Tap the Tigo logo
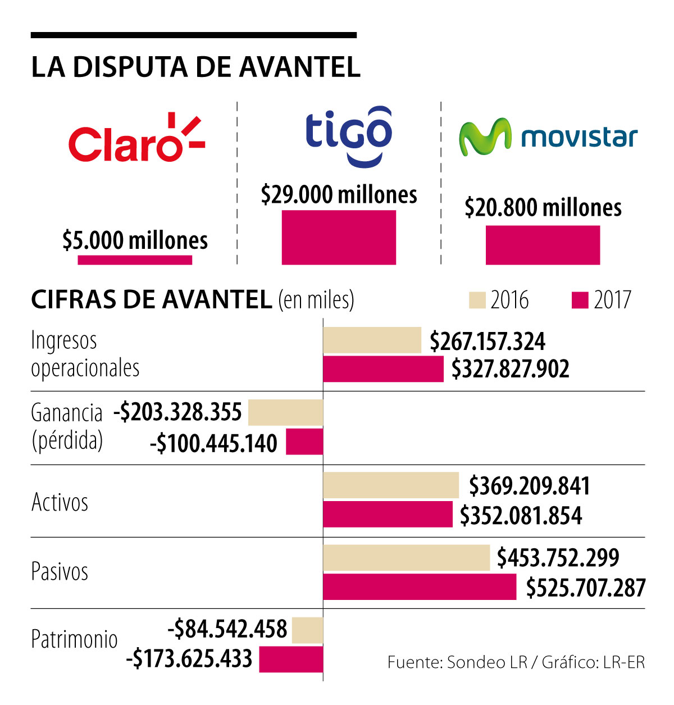[348, 135]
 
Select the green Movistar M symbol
[485, 137]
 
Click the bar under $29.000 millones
[339, 237]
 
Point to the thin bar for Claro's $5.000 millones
[135, 260]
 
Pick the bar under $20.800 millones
[543, 245]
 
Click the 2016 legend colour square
[477, 300]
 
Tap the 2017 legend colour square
[580, 300]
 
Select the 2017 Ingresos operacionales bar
[383, 369]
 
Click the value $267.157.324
[488, 342]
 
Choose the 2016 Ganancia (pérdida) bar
[285, 413]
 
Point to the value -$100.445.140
[214, 443]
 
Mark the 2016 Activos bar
[391, 485]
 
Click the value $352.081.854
[521, 516]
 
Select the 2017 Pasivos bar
[420, 587]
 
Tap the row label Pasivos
[60, 572]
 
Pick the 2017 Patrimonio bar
[291, 659]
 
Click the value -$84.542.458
[228, 629]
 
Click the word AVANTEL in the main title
[300, 67]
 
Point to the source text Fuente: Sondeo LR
[457, 662]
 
